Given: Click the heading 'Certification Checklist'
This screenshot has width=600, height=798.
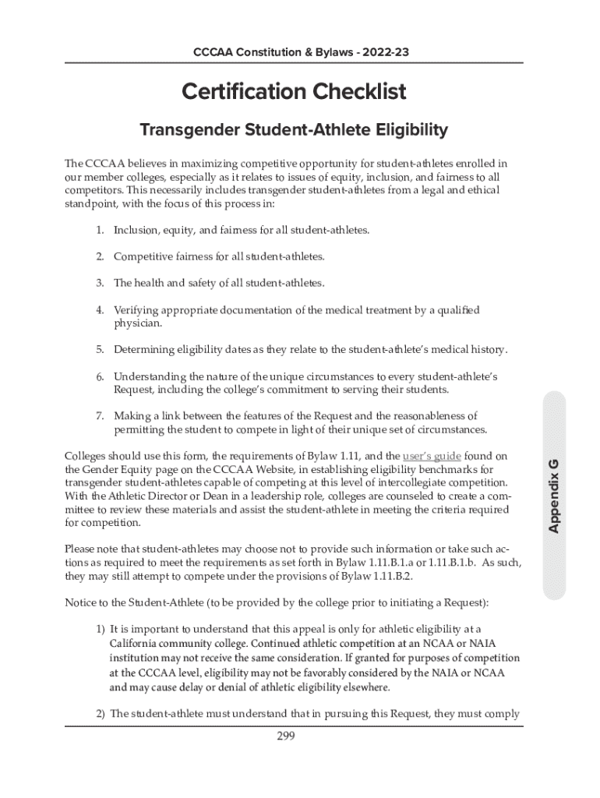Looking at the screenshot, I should (x=294, y=92).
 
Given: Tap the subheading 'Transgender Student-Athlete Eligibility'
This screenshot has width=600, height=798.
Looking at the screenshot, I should (x=293, y=130).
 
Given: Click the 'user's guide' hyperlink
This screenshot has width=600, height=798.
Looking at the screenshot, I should (x=432, y=455).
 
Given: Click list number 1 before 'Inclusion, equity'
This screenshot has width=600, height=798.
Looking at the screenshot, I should (x=100, y=231).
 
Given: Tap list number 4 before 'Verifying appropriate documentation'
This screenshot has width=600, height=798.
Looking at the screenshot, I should (x=100, y=310).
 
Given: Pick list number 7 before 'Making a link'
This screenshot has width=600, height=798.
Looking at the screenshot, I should (x=100, y=416).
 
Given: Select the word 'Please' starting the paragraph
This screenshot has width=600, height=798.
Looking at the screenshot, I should (x=81, y=549).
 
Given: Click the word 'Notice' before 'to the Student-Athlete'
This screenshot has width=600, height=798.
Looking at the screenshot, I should (x=81, y=603).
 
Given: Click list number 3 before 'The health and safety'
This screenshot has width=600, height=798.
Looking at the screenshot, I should (x=100, y=283).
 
